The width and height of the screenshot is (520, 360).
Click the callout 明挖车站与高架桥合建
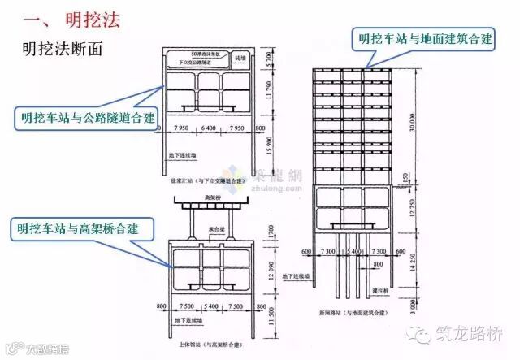[80, 228]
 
